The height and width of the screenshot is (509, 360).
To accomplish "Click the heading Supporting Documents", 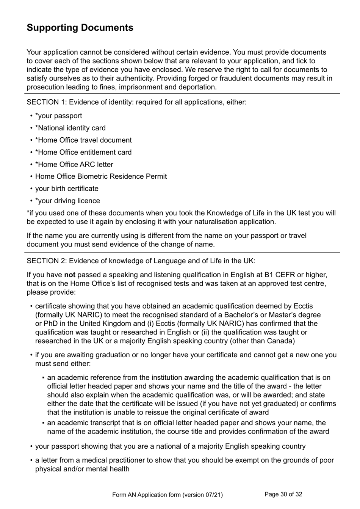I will pyautogui.click(x=80, y=28).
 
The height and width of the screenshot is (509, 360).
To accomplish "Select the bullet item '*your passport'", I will pyautogui.click(x=58, y=116).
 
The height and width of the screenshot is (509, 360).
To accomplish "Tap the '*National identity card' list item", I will pyautogui.click(x=70, y=128).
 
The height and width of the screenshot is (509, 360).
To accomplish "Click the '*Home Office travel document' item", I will pyautogui.click(x=83, y=140).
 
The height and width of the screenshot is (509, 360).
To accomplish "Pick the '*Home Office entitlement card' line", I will pyautogui.click(x=83, y=152).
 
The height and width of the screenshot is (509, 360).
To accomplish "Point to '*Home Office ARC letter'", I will pyautogui.click(x=74, y=164).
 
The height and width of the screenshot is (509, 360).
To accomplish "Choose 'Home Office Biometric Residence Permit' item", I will pyautogui.click(x=101, y=176).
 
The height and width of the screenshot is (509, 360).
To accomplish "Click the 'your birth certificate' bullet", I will pyautogui.click(x=67, y=189).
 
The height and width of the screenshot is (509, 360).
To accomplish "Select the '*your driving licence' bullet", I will pyautogui.click(x=67, y=201).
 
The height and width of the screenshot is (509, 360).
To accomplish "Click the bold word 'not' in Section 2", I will pyautogui.click(x=70, y=275).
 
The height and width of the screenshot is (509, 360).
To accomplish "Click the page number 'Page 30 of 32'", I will pyautogui.click(x=283, y=494).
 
